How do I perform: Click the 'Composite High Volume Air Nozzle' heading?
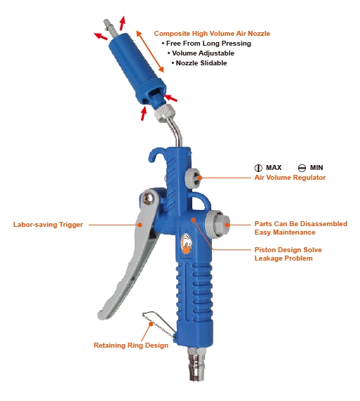pos(212,34)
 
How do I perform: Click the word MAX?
pos(274,168)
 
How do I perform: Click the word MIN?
pos(316,168)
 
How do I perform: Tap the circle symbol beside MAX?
pos(258,168)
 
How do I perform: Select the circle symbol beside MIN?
pos(302,168)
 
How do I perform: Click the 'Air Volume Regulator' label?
pos(290,178)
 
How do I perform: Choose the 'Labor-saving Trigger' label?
pos(48,225)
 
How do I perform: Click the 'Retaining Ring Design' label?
pos(131,346)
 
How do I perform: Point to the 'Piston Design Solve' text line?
pos(288,249)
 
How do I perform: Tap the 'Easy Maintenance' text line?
pos(285,232)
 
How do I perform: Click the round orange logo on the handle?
pos(187,244)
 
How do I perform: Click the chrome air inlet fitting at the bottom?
pos(196,364)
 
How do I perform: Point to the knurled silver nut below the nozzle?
pos(165,114)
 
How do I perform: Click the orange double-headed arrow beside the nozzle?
pos(150,51)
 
